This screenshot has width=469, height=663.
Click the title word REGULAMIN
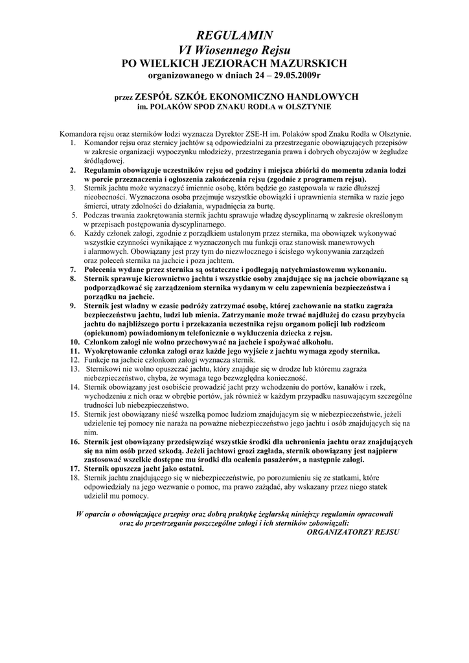click(234, 35)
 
